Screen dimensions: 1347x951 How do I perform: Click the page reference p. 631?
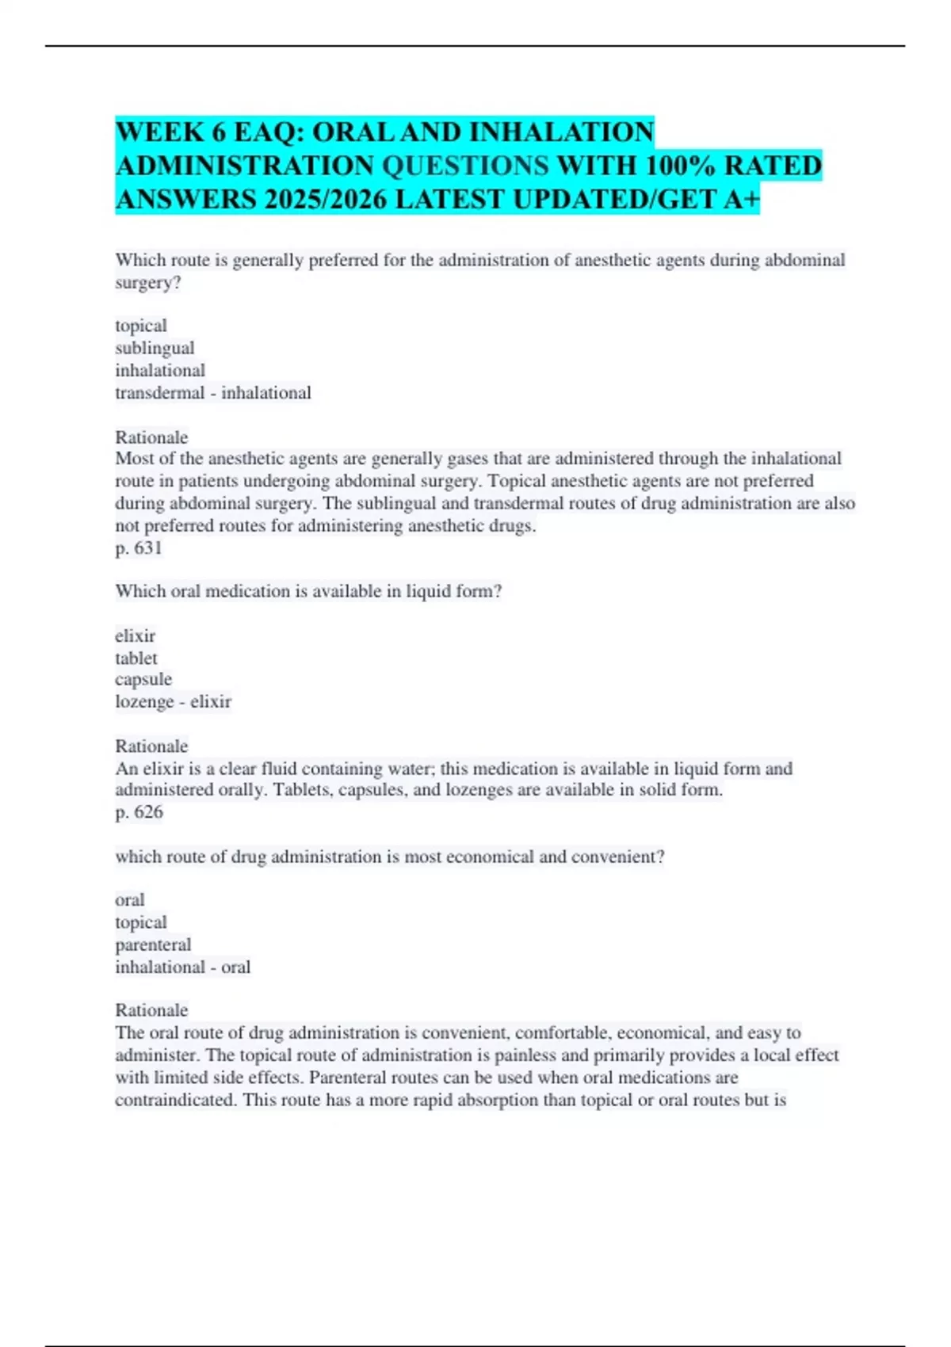(x=139, y=548)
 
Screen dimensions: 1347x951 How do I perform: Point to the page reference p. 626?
(x=139, y=811)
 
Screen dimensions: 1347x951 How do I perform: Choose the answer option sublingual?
(x=155, y=348)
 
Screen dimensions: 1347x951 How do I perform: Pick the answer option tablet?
(x=136, y=658)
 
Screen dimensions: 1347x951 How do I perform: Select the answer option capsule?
(x=143, y=679)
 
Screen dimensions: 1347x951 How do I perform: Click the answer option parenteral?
(x=153, y=944)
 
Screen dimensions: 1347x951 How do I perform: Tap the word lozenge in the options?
(x=144, y=701)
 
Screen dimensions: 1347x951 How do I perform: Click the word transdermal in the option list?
(x=160, y=392)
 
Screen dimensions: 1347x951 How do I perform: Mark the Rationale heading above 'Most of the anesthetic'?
(x=151, y=437)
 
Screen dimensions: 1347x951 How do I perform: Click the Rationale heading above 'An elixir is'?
(x=151, y=746)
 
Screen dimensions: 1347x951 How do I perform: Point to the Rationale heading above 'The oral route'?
(x=151, y=1010)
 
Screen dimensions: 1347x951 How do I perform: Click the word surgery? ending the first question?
(x=148, y=282)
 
